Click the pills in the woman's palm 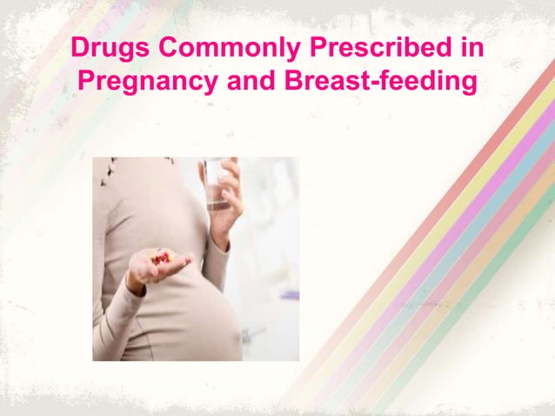point(162,258)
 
